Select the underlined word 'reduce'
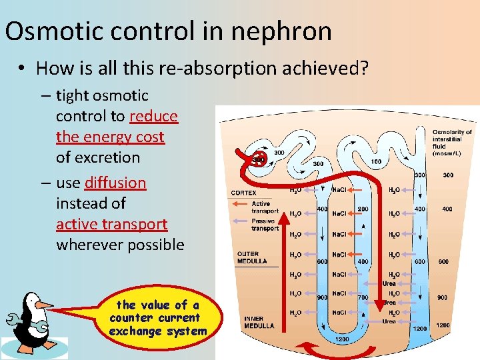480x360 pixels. (x=154, y=116)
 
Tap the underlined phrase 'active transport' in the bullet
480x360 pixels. (x=111, y=224)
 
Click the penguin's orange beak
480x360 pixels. (x=43, y=305)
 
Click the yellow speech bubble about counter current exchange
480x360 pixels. (x=157, y=318)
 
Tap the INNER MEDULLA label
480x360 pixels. (x=258, y=322)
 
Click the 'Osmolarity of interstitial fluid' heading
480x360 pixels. (x=452, y=143)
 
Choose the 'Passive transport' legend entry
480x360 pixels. (x=264, y=225)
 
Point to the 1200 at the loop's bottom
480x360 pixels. (x=341, y=339)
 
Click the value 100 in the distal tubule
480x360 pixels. (x=376, y=162)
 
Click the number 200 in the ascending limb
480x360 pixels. (x=363, y=209)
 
